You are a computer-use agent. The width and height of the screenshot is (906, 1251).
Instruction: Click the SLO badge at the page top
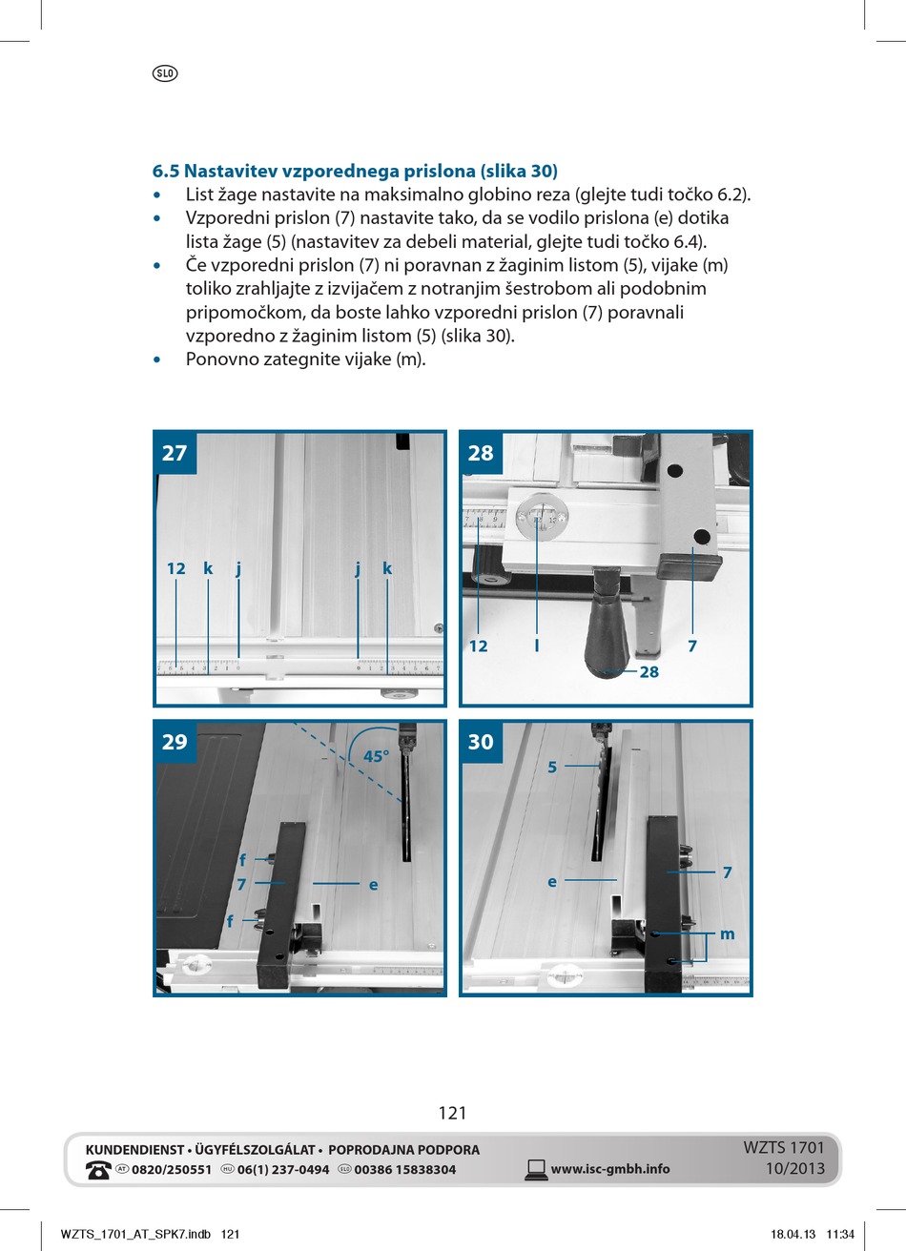(164, 73)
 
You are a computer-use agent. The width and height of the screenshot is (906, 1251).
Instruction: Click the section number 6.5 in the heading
(165, 172)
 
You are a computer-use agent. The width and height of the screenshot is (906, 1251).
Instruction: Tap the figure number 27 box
(175, 453)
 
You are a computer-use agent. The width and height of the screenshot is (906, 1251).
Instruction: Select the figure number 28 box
(481, 453)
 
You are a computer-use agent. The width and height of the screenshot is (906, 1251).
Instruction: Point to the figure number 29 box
(175, 742)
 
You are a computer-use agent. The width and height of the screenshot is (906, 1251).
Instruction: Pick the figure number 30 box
(481, 742)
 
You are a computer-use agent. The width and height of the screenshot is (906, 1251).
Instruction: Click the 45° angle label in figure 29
(377, 756)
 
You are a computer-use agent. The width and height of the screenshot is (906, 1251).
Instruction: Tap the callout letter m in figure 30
(728, 934)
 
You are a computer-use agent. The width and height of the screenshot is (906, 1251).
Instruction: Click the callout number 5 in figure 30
(552, 767)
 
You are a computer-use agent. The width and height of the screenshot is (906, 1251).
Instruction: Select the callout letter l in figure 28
(537, 646)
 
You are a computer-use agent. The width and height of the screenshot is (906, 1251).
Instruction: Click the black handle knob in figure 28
(607, 629)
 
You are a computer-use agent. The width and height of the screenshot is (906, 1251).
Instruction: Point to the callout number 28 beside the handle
(649, 672)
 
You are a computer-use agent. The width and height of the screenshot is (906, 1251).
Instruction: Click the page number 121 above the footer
(453, 1113)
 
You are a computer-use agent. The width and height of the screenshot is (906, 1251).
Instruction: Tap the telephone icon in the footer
(98, 1170)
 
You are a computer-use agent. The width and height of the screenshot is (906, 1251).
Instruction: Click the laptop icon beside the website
(536, 1170)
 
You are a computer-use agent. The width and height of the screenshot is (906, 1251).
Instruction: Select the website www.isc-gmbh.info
(610, 1169)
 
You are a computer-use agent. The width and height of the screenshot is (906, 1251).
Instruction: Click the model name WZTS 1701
(783, 1148)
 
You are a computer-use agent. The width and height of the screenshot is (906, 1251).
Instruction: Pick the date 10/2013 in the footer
(794, 1169)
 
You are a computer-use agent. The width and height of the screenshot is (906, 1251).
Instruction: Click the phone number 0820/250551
(172, 1170)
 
